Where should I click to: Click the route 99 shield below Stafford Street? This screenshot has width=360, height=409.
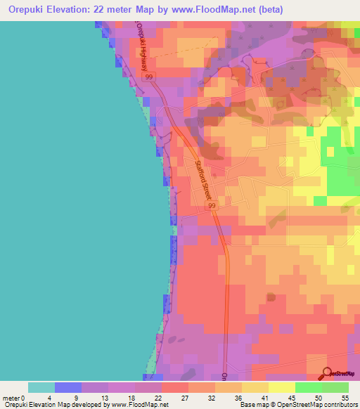click(212, 207)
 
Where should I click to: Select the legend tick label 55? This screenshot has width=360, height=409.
click(345, 397)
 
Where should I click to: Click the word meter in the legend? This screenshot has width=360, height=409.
click(11, 397)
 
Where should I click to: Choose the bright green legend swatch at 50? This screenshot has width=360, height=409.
click(309, 387)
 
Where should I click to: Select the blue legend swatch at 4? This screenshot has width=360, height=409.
click(68, 387)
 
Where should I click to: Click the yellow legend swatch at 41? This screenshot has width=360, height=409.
click(281, 387)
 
